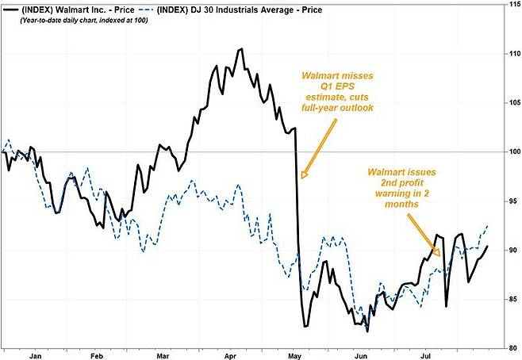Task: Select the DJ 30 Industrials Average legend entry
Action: pyautogui.click(x=230, y=10)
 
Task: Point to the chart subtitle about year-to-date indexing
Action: pyautogui.click(x=84, y=21)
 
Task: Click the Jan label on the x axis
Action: pyautogui.click(x=35, y=356)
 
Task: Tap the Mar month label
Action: pyautogui.click(x=163, y=356)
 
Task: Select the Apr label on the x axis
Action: pyautogui.click(x=230, y=356)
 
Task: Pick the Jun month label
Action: pyautogui.click(x=361, y=356)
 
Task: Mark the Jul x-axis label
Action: pyautogui.click(x=425, y=356)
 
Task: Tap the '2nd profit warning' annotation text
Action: pyautogui.click(x=402, y=188)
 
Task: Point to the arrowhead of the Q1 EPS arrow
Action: pyautogui.click(x=304, y=174)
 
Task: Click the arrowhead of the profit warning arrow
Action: pyautogui.click(x=437, y=252)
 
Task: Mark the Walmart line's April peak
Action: pyautogui.click(x=241, y=49)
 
